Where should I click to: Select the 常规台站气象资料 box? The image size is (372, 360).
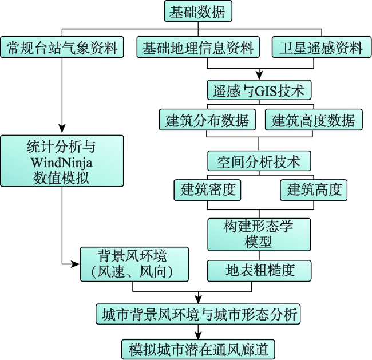click(x=62, y=48)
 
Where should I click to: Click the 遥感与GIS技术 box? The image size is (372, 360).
click(x=259, y=90)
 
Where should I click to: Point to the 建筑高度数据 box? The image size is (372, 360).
click(x=313, y=121)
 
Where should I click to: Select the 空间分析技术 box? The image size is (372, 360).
click(x=259, y=161)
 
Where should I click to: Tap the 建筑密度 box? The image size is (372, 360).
click(x=208, y=189)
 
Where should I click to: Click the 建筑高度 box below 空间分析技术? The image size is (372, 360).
click(x=314, y=189)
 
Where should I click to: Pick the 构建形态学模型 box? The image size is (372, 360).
click(x=259, y=234)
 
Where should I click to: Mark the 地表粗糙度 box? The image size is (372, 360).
click(x=259, y=270)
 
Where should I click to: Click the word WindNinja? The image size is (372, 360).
click(x=62, y=162)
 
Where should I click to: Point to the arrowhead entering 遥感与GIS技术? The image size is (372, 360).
click(x=259, y=75)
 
